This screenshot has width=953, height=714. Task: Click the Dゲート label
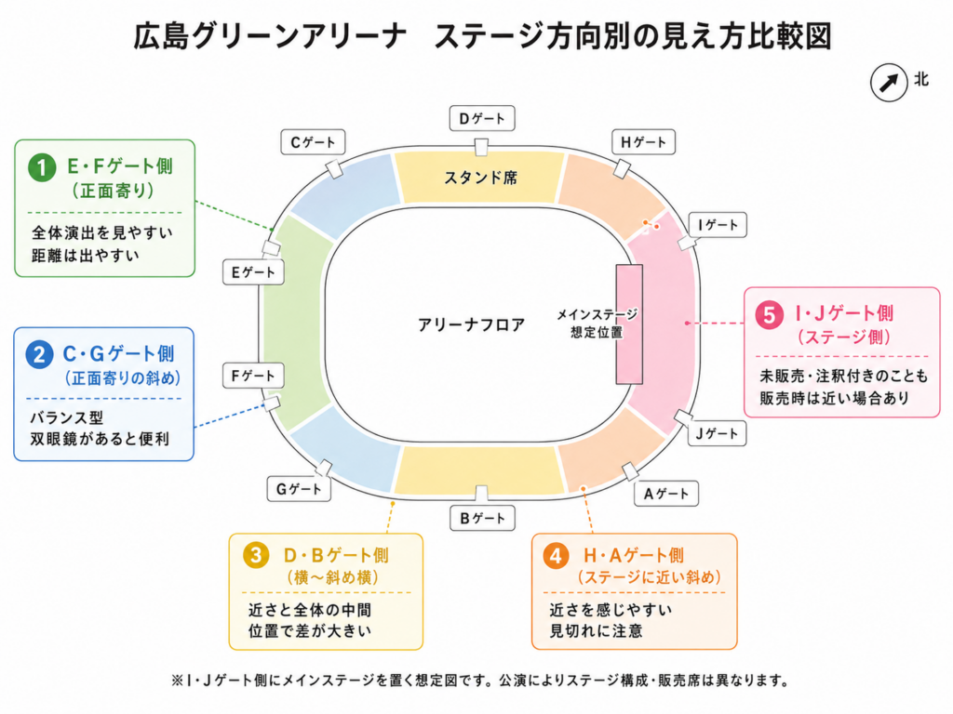tap(482, 118)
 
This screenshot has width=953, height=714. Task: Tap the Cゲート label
tap(313, 142)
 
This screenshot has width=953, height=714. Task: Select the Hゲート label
tap(643, 142)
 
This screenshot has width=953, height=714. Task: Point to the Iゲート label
tap(718, 225)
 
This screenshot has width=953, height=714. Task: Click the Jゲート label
tap(717, 433)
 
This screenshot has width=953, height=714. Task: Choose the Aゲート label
tap(666, 494)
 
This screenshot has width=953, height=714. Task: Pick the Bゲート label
tap(483, 519)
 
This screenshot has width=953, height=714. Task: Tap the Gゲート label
tap(299, 489)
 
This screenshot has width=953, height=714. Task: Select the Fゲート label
tap(253, 377)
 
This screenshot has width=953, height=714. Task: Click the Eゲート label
tap(253, 272)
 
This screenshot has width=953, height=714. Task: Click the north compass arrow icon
tap(889, 83)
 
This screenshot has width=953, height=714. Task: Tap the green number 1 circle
tap(42, 166)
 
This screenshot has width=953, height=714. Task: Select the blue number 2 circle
tap(39, 354)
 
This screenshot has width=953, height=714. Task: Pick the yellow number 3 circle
tap(256, 555)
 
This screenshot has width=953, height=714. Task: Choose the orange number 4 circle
tap(556, 555)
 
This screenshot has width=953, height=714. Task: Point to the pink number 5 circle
tap(769, 315)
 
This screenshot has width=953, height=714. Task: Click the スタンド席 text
tap(481, 178)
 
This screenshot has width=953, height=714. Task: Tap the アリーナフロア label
tap(471, 324)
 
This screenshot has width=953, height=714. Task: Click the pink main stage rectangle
tap(629, 324)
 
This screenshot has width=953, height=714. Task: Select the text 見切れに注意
tap(597, 631)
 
